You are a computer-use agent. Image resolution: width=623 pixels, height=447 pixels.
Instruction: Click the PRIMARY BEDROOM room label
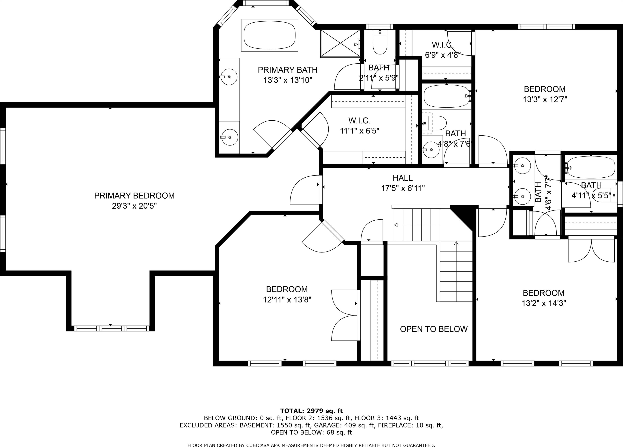pos(134,196)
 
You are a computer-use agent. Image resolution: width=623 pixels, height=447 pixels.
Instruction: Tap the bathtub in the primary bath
pos(269,35)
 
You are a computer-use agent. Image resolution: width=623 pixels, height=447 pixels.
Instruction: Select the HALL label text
pos(402,178)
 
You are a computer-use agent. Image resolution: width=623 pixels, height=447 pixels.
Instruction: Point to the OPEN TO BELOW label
pos(434,329)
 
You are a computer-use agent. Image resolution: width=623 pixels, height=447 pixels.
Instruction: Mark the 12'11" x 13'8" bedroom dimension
pos(287,300)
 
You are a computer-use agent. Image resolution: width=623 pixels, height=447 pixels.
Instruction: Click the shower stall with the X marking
pos(341,43)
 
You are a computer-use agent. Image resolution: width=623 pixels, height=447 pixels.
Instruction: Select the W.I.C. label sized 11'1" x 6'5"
pos(359,120)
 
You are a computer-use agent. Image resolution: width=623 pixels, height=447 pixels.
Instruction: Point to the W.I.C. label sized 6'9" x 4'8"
pos(443,45)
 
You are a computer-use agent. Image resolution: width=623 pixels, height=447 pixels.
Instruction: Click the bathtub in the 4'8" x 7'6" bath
pos(447,96)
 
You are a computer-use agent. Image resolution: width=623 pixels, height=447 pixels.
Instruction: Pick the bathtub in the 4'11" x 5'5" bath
pos(591,167)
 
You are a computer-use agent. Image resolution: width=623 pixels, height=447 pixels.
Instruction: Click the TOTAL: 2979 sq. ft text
pos(311,411)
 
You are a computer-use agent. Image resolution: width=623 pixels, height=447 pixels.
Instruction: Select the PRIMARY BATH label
pos(288,70)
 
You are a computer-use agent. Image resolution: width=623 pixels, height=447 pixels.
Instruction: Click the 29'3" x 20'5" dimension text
pos(134,206)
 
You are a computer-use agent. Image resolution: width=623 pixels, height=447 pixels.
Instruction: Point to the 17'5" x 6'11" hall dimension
pos(403,188)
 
